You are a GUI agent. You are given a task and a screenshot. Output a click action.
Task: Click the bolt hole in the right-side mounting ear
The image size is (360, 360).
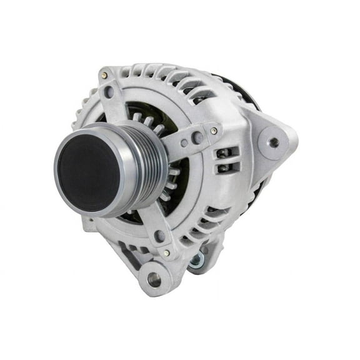tap(273, 142)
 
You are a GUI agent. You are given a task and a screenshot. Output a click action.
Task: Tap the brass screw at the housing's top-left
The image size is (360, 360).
tap(104, 76)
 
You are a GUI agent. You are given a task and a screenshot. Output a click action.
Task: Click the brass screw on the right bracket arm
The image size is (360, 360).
tap(214, 131)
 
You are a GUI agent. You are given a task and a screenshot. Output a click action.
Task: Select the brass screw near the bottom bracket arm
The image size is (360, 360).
tap(166, 253)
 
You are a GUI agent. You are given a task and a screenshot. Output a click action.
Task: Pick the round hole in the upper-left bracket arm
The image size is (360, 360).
tap(110, 94)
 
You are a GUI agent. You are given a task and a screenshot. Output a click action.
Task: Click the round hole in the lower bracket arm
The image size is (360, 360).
tap(160, 236)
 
